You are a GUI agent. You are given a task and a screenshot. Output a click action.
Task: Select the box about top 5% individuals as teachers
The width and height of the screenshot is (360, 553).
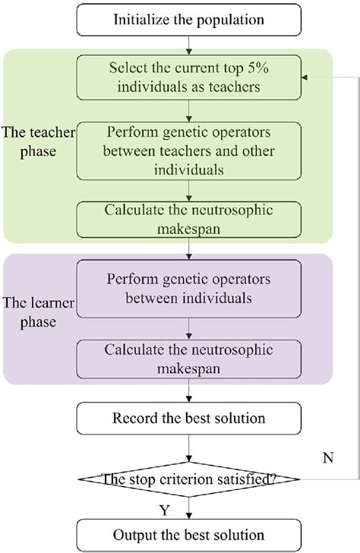coord(188,77)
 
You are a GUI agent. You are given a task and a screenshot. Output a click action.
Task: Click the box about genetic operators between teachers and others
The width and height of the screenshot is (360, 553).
coord(188,150)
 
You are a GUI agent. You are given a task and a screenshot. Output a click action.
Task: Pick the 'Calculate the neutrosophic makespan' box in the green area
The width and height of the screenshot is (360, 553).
coord(188,219)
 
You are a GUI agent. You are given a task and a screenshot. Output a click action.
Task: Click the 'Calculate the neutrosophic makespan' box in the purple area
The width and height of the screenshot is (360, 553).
coord(188,356)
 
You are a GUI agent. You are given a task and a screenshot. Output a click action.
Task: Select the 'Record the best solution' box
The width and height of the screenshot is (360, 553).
coord(188,419)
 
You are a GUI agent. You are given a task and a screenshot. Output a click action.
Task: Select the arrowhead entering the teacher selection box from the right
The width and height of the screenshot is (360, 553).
coord(305,77)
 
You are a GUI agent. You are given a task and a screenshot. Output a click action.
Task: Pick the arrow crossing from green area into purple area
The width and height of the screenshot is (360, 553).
coord(188,248)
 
